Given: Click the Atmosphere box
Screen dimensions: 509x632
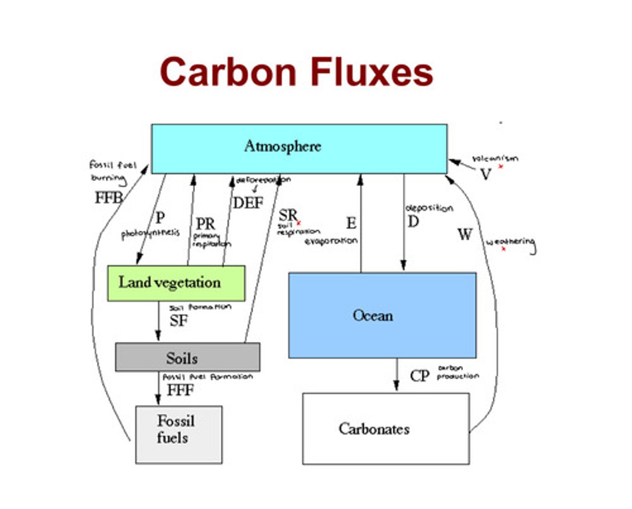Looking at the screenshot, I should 299,148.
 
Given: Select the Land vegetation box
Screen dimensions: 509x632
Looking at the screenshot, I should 176,283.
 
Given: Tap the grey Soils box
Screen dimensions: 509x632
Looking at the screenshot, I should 187,357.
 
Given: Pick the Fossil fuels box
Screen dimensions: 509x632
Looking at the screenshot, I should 179,434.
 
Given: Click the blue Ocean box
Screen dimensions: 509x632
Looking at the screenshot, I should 382,315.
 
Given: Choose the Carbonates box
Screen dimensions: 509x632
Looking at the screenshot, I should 386,428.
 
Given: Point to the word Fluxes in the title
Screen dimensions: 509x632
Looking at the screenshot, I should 372,72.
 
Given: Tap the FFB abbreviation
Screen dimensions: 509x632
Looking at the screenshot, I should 108,197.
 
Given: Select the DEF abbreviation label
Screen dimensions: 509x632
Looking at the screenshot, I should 248,203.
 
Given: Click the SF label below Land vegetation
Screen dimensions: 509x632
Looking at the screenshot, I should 179,321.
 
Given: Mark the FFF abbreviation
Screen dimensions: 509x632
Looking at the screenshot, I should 180,390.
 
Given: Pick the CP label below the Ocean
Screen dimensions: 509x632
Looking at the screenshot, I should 419,376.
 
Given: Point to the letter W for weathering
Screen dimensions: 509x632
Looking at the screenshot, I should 465,234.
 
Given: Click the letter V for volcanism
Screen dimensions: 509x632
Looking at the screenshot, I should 485,175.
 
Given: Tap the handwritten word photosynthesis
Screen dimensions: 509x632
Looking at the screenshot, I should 150,234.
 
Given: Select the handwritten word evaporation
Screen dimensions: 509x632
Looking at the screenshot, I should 331,241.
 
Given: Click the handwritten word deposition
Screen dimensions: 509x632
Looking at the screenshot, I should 429,208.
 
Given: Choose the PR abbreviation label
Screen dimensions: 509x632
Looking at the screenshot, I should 205,224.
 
